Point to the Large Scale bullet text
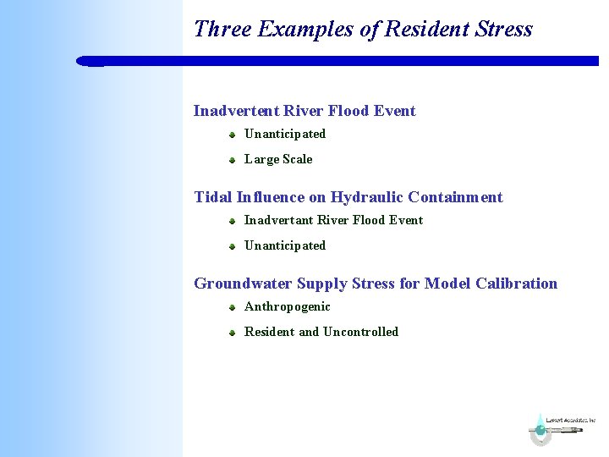coord(278,159)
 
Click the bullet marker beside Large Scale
coord(231,160)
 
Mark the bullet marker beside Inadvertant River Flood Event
coord(231,221)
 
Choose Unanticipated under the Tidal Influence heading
coord(285,245)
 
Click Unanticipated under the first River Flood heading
coord(285,134)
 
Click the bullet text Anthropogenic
coord(288,306)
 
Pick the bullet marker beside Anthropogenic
coord(231,307)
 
